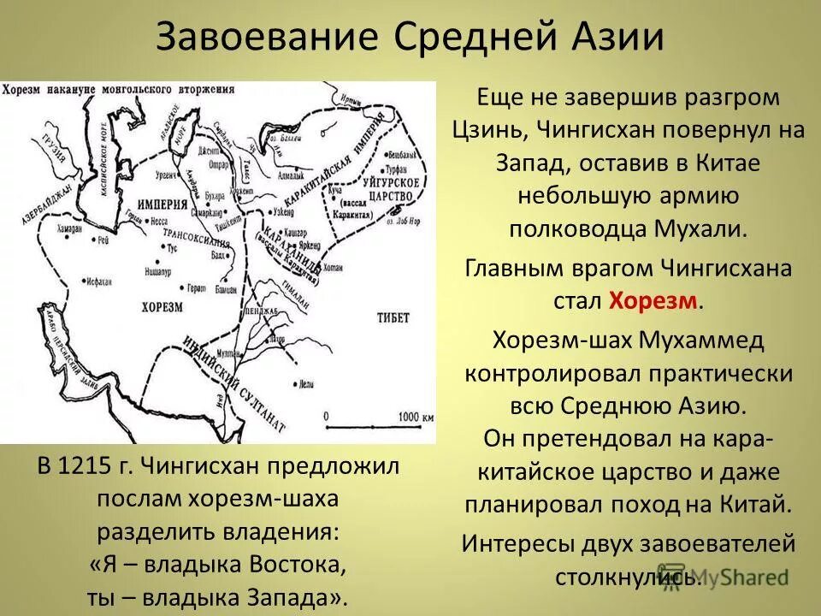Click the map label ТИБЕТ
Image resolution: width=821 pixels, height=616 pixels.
point(393,317)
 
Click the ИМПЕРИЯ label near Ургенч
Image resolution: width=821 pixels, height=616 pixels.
point(161,204)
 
